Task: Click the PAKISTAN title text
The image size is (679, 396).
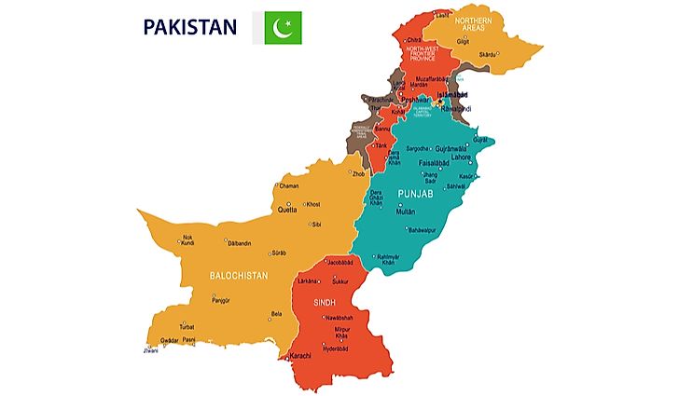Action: (189, 27)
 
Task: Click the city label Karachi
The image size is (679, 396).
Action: (301, 356)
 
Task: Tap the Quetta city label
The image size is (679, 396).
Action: (287, 210)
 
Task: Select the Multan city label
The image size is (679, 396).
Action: (405, 212)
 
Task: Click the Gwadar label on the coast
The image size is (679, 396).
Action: (169, 340)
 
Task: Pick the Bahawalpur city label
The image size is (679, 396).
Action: (422, 229)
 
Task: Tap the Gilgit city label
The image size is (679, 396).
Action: (463, 41)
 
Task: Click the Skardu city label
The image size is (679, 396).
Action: (488, 55)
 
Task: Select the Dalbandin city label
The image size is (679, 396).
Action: (240, 243)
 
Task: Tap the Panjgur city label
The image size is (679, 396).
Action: (221, 300)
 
